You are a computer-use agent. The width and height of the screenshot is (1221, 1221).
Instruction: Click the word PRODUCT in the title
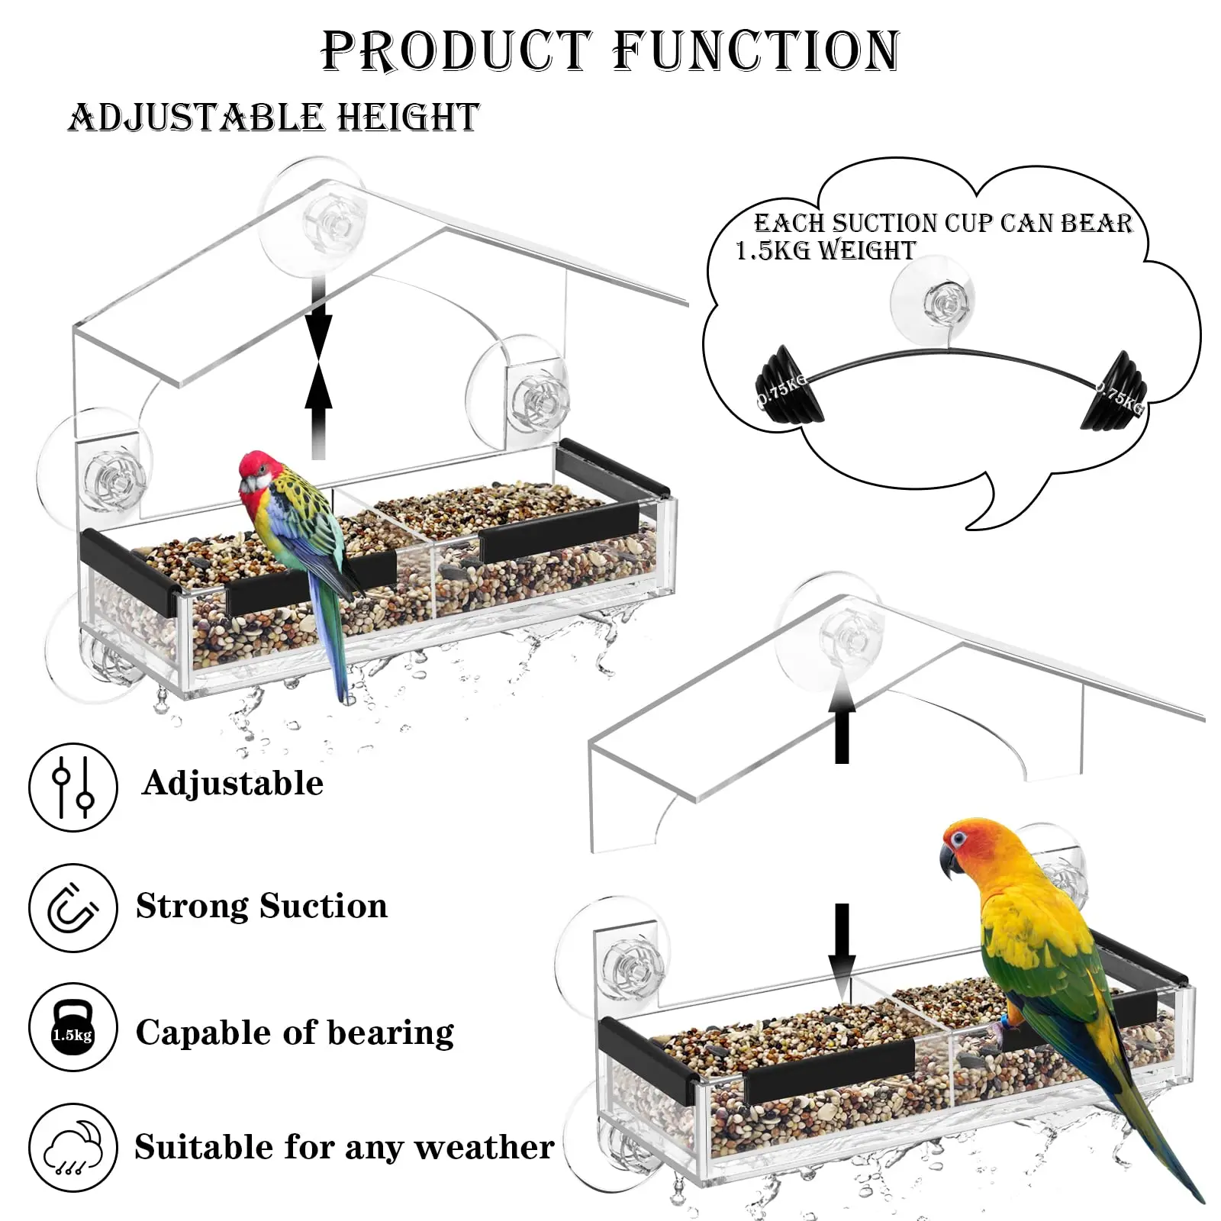tap(456, 52)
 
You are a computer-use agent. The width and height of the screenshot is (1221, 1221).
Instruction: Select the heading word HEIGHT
tap(408, 118)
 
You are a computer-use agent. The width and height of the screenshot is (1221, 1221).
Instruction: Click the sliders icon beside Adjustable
tap(73, 787)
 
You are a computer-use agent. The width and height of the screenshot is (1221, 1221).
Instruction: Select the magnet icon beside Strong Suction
tap(73, 907)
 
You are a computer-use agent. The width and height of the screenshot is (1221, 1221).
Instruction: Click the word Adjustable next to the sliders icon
tap(233, 784)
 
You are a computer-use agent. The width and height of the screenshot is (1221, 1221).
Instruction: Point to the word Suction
tap(324, 907)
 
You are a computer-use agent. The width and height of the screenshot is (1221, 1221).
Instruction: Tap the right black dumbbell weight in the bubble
tap(1113, 391)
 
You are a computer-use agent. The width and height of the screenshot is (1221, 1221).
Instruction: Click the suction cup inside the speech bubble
tap(933, 303)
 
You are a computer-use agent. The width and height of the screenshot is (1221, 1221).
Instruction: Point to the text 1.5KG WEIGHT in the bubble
tap(825, 250)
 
